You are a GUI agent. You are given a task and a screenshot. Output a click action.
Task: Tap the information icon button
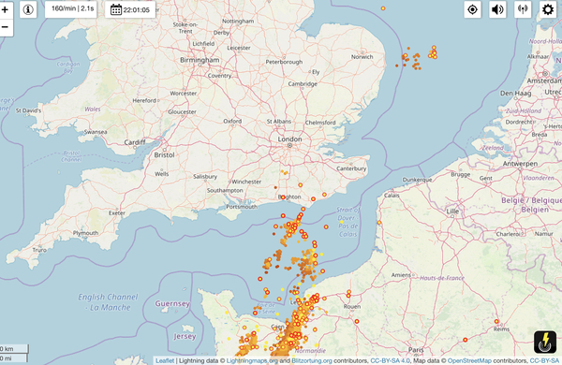[x=28, y=9]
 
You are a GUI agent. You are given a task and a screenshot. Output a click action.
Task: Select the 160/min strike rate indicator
[x=72, y=9]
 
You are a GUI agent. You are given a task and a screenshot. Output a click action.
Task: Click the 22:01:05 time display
[x=130, y=9]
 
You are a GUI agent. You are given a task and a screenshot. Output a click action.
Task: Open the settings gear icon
[x=547, y=10]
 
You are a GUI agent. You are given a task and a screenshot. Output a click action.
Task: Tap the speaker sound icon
[x=497, y=10]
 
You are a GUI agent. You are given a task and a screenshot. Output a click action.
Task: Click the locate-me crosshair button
[x=472, y=10]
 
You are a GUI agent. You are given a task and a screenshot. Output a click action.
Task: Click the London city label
[x=287, y=139]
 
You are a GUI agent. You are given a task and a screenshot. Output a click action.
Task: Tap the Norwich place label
[x=362, y=56]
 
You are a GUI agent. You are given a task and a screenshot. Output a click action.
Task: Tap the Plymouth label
[x=86, y=233]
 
